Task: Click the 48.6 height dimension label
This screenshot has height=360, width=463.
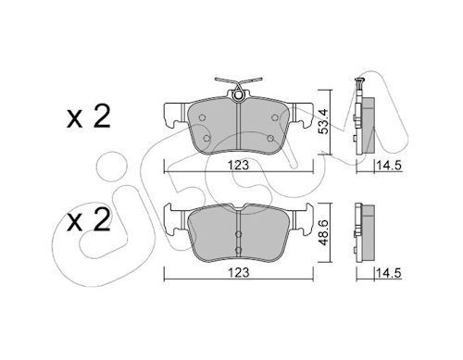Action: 323,232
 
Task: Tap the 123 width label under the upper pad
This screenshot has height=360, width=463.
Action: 239,166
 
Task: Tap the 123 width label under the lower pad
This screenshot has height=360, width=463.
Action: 239,272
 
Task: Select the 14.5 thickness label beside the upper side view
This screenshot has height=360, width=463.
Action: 389,166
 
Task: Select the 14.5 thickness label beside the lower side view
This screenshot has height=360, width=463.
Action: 389,273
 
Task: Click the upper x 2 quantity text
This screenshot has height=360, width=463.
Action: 89,117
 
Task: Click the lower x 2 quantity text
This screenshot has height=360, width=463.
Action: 89,220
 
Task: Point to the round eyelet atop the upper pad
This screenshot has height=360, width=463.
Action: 238,95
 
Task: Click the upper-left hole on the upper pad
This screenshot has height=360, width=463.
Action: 203,118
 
